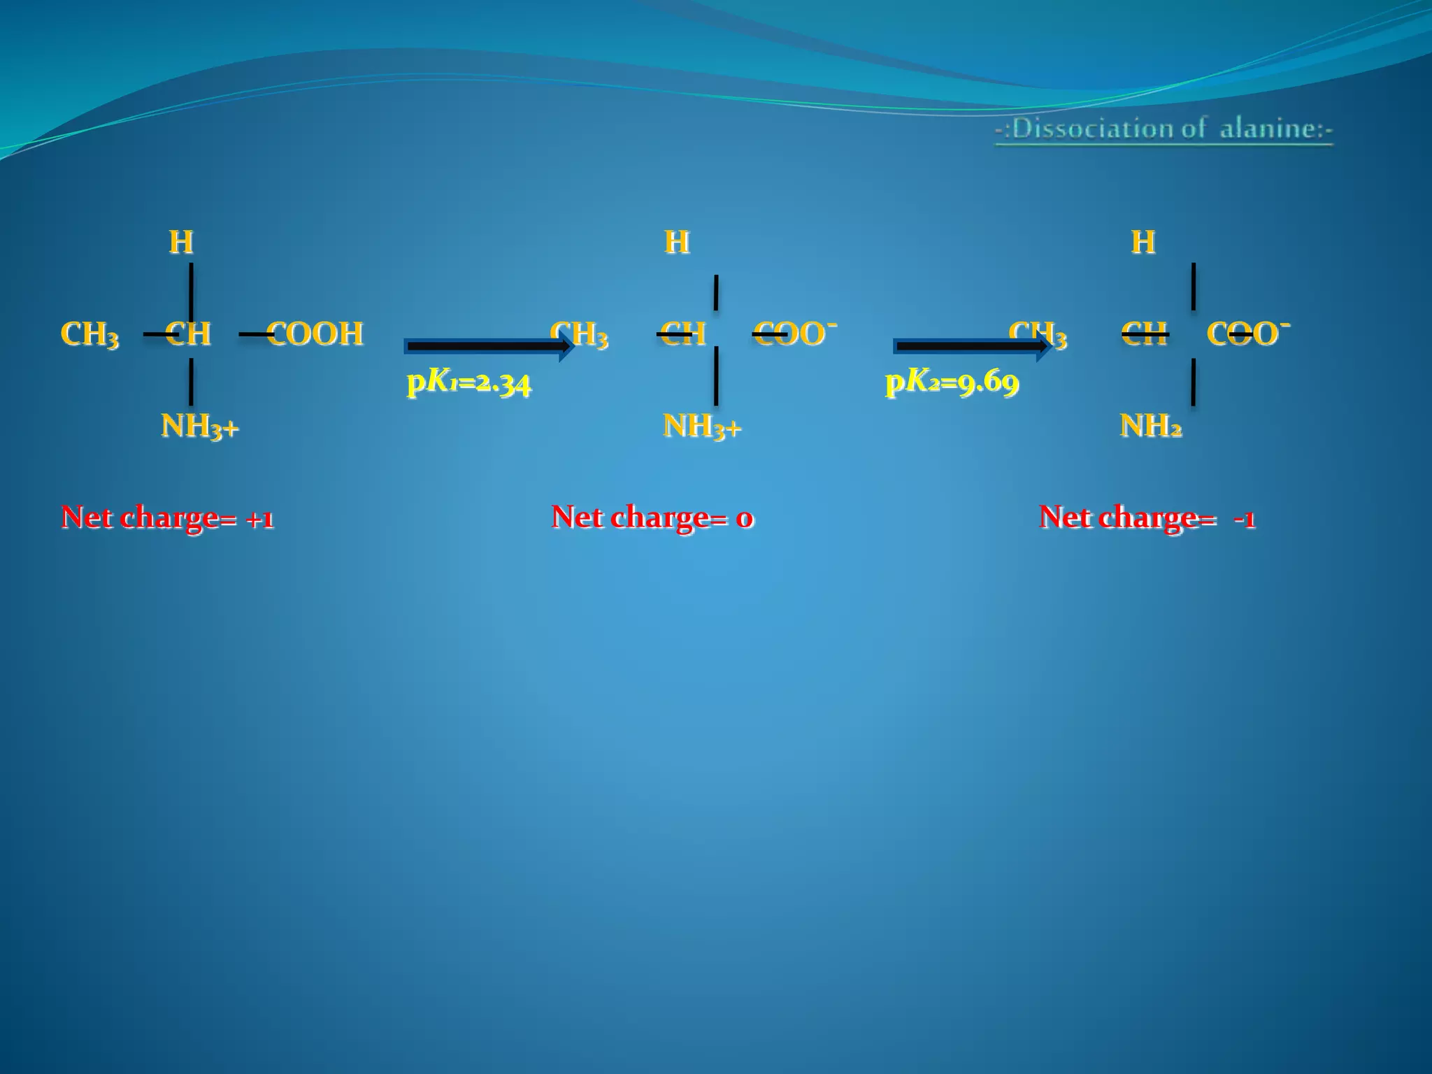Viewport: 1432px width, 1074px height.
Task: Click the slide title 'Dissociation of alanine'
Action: click(x=1164, y=129)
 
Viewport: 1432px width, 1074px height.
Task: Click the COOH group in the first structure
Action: click(x=315, y=334)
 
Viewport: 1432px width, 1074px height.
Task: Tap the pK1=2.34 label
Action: click(x=469, y=382)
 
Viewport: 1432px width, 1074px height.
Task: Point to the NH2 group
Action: click(x=1151, y=425)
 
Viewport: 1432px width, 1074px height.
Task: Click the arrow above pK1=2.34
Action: click(x=489, y=345)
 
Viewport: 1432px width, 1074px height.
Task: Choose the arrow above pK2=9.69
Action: click(x=973, y=345)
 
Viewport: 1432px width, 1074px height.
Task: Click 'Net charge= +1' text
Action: click(x=168, y=518)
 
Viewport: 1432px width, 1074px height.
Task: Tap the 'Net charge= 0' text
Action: click(x=652, y=518)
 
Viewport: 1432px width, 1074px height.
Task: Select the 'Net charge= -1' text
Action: click(x=1147, y=518)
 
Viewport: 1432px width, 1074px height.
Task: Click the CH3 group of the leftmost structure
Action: click(x=89, y=334)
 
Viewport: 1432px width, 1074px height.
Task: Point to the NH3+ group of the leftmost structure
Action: click(x=200, y=426)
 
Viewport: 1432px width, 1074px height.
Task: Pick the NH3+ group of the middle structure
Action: click(x=702, y=426)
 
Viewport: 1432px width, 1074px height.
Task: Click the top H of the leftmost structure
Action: click(x=181, y=243)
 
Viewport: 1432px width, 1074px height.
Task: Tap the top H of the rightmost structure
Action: click(x=1143, y=243)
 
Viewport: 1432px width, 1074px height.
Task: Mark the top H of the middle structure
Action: click(x=677, y=243)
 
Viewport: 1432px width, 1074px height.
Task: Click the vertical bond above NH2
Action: click(x=1193, y=382)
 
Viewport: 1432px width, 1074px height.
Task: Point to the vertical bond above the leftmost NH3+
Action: click(x=191, y=382)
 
